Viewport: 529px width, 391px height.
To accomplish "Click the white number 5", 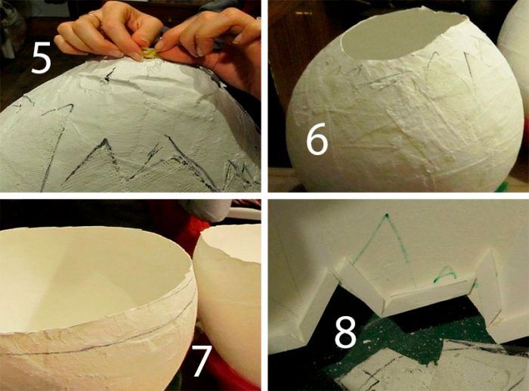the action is pos(41,58).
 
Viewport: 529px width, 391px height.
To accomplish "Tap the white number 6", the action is pos(317,138).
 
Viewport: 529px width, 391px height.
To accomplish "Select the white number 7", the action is pos(202,361).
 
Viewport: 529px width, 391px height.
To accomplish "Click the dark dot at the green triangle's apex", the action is pos(387,215).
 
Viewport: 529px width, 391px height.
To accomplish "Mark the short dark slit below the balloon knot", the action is pos(109,76).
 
